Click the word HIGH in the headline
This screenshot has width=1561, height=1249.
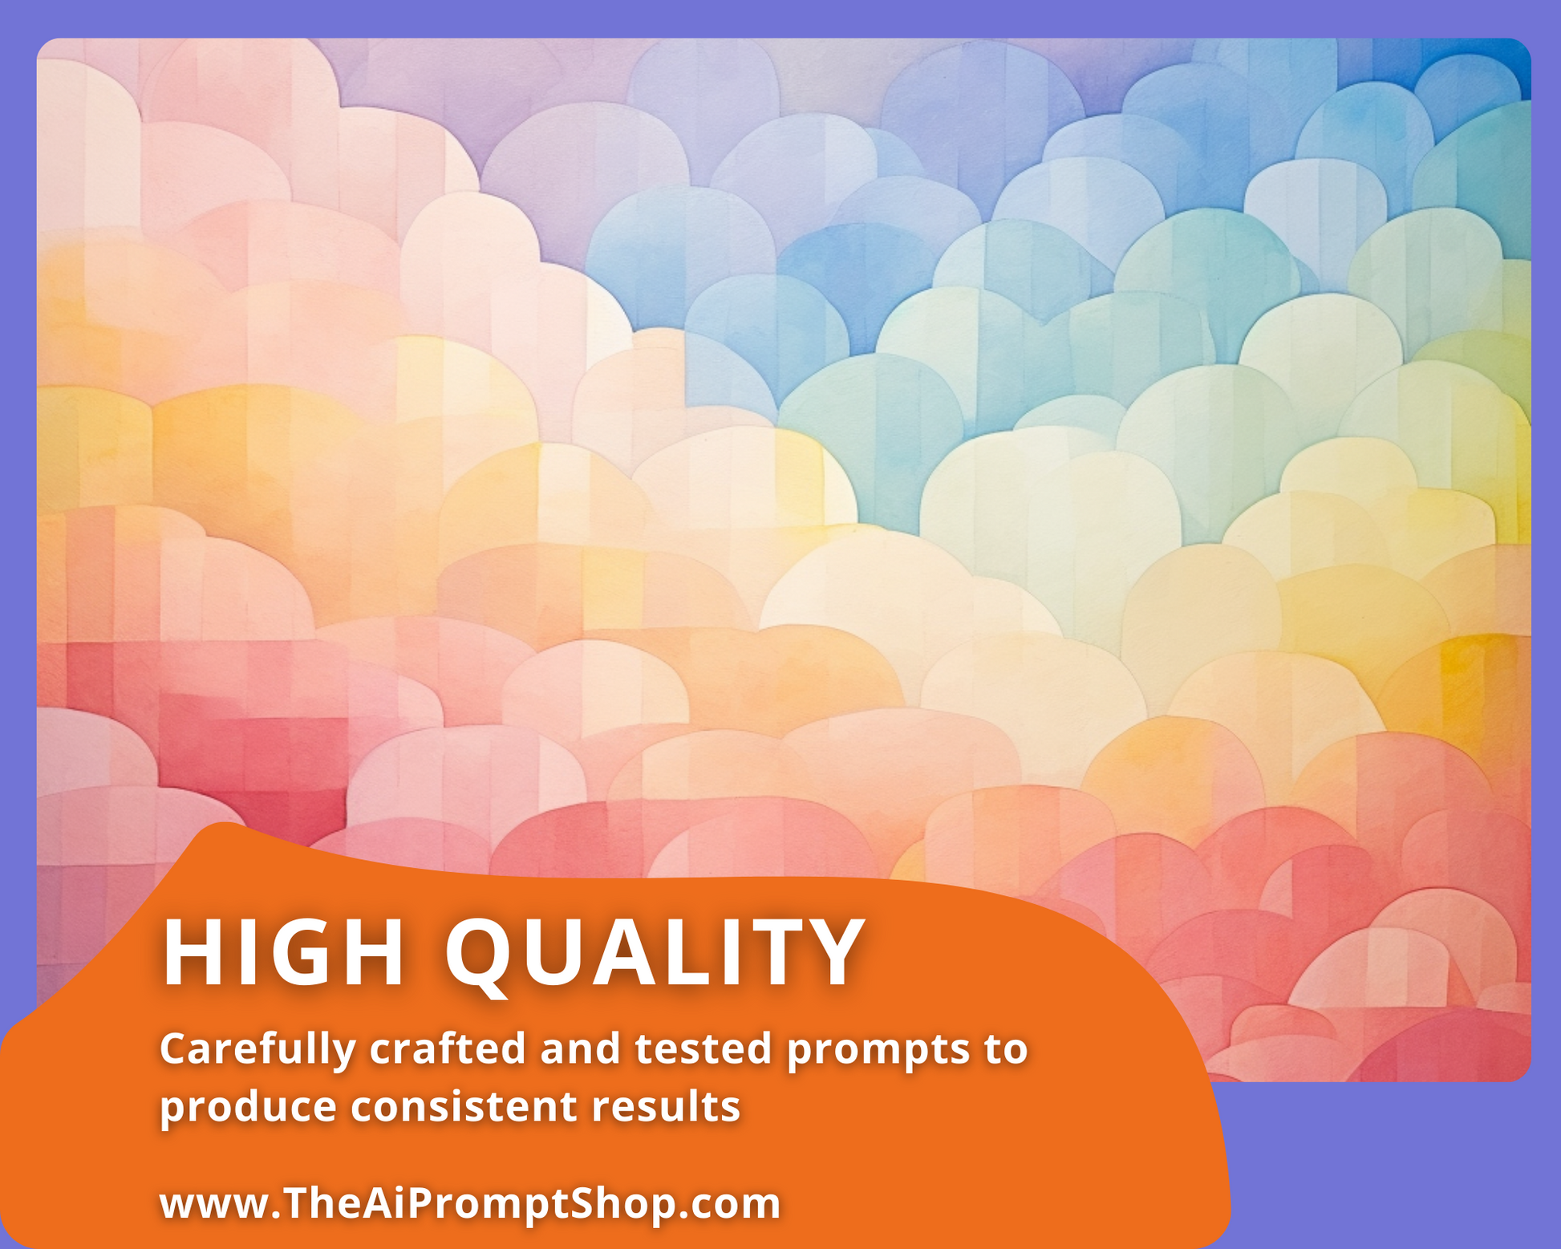pyautogui.click(x=283, y=952)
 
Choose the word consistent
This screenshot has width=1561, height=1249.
pyautogui.click(x=464, y=1107)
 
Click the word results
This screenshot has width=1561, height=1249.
pyautogui.click(x=666, y=1106)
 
